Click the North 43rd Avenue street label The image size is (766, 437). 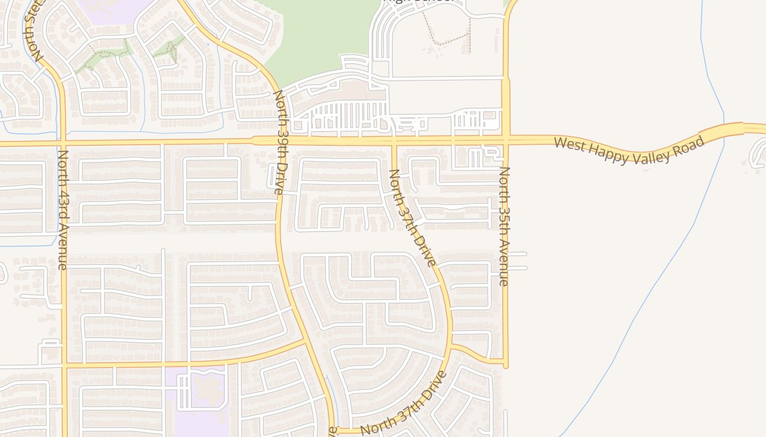(63, 209)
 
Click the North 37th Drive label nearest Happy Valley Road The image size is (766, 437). (412, 217)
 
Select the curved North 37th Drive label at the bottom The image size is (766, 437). (404, 404)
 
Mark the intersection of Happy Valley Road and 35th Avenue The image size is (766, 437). (506, 140)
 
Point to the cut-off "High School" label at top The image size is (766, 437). (420, 2)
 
